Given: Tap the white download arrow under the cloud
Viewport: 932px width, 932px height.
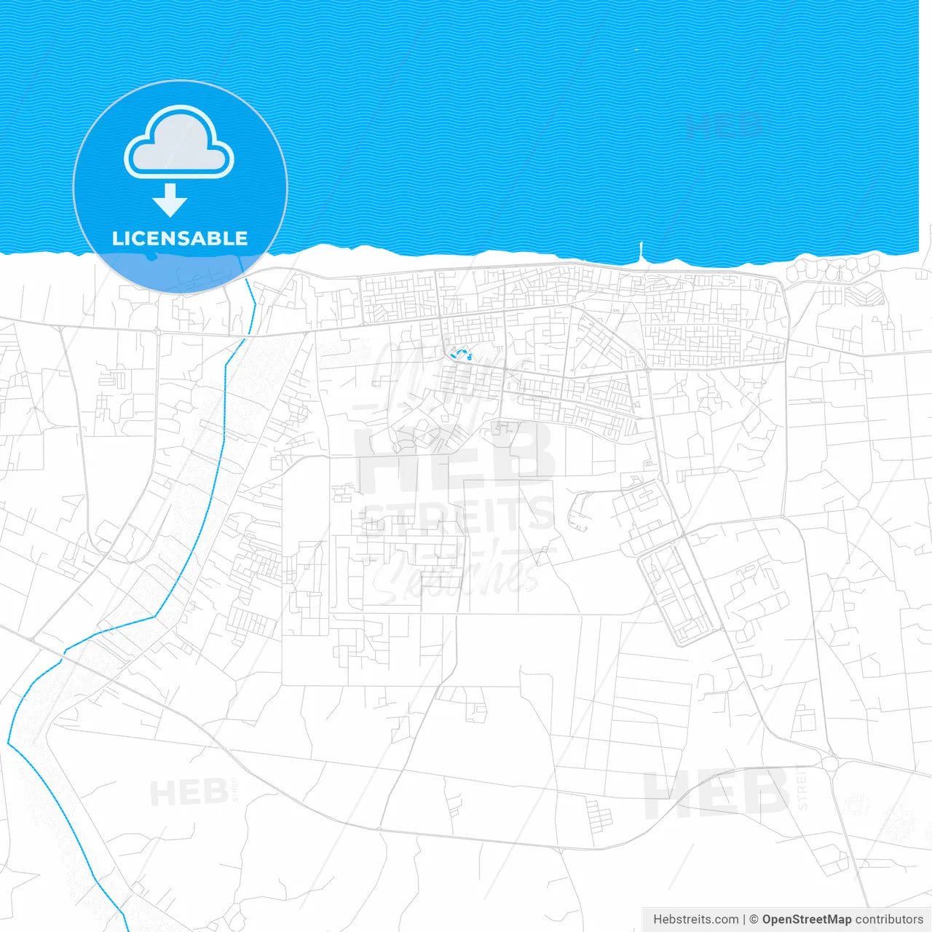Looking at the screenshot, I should pyautogui.click(x=170, y=200).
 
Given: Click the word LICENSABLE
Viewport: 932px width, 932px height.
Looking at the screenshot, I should pyautogui.click(x=180, y=238).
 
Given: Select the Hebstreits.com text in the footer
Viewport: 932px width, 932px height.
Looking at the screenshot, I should pyautogui.click(x=696, y=920).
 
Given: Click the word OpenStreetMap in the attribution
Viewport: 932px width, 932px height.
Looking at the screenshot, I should pyautogui.click(x=806, y=920).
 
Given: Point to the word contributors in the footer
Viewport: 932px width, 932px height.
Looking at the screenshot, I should pyautogui.click(x=889, y=920).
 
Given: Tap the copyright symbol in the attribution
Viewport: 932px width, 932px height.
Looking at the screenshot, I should pyautogui.click(x=754, y=920).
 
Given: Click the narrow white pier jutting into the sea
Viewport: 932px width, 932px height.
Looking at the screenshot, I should pyautogui.click(x=641, y=251).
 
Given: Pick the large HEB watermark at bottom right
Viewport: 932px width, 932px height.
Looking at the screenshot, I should pyautogui.click(x=717, y=794).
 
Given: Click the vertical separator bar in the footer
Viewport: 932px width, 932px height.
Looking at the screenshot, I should pyautogui.click(x=743, y=920).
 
